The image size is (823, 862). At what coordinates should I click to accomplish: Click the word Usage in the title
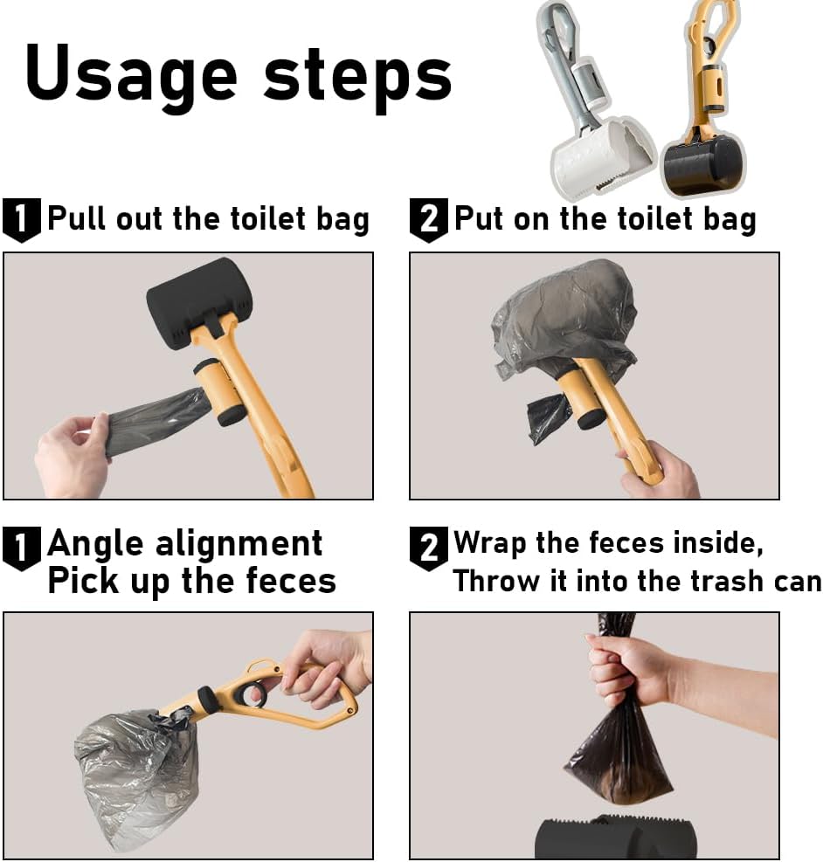(x=131, y=77)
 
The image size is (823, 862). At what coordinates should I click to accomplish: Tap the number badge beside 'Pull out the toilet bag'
(x=22, y=220)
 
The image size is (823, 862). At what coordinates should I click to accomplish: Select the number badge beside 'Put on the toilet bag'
(x=429, y=220)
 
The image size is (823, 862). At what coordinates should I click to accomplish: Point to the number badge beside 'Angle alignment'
(x=22, y=548)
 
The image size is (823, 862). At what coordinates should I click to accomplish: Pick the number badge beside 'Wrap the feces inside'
(x=429, y=548)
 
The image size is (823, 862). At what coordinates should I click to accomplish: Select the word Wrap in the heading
(x=489, y=544)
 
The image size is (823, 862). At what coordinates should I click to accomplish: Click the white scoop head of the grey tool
(x=602, y=156)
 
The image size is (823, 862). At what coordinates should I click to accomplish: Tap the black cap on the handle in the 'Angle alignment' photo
(x=207, y=699)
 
